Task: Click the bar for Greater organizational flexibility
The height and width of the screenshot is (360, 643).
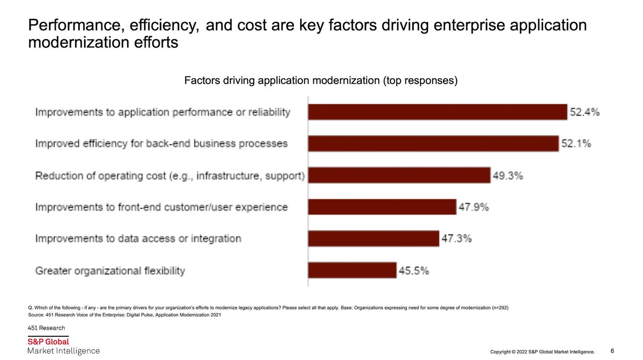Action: pyautogui.click(x=352, y=271)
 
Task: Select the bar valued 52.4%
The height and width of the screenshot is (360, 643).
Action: pyautogui.click(x=438, y=112)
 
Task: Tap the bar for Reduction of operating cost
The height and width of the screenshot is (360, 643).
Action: pyautogui.click(x=399, y=176)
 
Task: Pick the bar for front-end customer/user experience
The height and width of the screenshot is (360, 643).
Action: pyautogui.click(x=382, y=207)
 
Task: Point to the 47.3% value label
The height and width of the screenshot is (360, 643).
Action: pyautogui.click(x=456, y=239)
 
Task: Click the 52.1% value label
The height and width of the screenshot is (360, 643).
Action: pyautogui.click(x=576, y=144)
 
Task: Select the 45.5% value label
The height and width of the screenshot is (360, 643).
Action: pyautogui.click(x=413, y=271)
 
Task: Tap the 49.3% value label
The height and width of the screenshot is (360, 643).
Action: pyautogui.click(x=508, y=176)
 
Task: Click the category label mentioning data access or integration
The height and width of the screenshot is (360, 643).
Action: pyautogui.click(x=138, y=239)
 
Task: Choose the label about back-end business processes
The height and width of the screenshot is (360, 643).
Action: pyautogui.click(x=161, y=144)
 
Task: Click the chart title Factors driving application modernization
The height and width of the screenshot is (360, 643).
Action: pyautogui.click(x=321, y=81)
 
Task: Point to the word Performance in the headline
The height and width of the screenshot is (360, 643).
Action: pyautogui.click(x=76, y=25)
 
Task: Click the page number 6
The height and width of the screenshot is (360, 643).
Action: pyautogui.click(x=612, y=351)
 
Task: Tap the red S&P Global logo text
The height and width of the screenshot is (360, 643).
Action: pyautogui.click(x=48, y=342)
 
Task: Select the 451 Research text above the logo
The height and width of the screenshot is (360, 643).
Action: pyautogui.click(x=46, y=328)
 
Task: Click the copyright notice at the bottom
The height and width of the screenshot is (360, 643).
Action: pyautogui.click(x=542, y=352)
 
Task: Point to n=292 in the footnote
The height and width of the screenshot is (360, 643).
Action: pyautogui.click(x=500, y=308)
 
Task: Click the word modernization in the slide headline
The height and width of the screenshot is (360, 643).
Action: pyautogui.click(x=79, y=43)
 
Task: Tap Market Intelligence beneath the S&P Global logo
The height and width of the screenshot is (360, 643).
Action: pyautogui.click(x=63, y=351)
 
